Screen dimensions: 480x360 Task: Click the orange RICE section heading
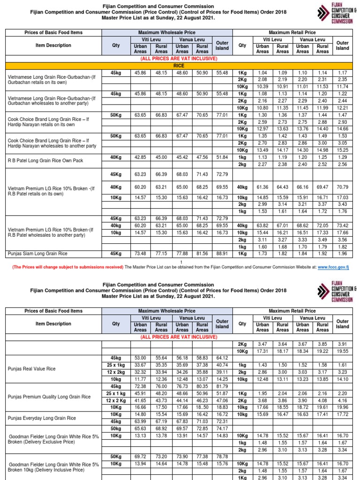179,66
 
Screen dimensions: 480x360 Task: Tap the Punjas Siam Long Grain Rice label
37,254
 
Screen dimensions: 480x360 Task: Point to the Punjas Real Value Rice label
31,369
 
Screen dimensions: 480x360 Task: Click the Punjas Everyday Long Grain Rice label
42,417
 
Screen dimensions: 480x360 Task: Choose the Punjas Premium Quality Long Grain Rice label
49,397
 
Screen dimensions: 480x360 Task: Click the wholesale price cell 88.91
222,254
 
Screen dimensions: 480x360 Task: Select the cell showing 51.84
222,157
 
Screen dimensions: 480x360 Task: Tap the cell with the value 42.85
140,157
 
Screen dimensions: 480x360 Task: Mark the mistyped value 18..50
202,408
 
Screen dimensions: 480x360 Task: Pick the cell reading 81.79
222,386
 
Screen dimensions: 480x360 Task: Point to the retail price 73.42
343,225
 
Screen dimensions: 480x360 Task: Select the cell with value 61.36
262,187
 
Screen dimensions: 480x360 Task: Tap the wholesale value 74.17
222,429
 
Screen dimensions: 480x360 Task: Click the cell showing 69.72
140,456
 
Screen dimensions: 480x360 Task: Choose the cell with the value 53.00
140,358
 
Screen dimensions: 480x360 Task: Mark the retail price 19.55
343,351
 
